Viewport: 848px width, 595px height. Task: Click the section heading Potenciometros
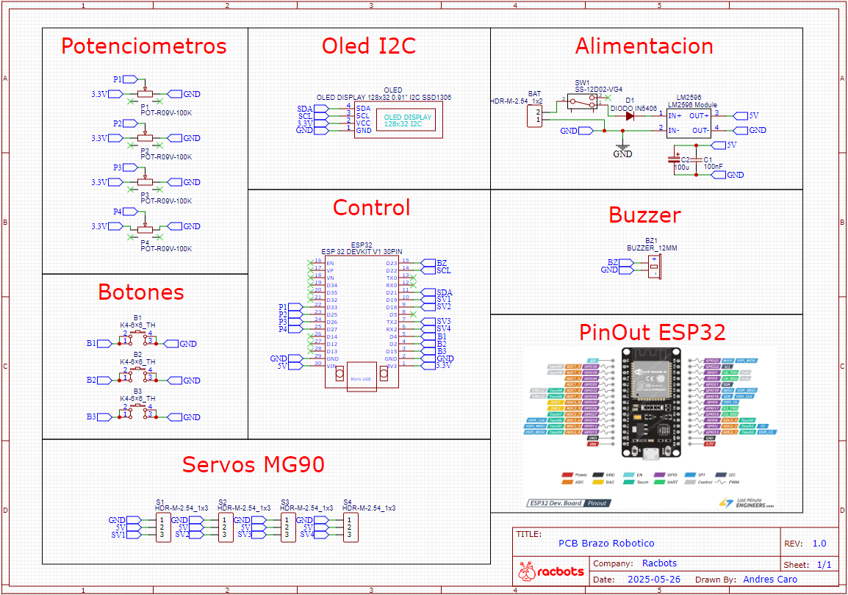(143, 46)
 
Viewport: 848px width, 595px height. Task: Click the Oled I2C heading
(369, 46)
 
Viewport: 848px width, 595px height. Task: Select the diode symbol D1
(630, 115)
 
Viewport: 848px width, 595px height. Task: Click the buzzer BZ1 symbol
(653, 267)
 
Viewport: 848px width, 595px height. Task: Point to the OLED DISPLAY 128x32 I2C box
(407, 120)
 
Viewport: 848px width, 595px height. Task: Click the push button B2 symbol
(137, 376)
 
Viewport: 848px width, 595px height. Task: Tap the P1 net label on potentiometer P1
(118, 79)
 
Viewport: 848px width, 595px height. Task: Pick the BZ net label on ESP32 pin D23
(441, 263)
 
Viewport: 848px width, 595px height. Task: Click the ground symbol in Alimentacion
(622, 150)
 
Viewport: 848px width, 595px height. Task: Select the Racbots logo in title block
(551, 571)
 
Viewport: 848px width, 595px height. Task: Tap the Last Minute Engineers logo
(745, 502)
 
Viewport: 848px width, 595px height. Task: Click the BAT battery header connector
(534, 115)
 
